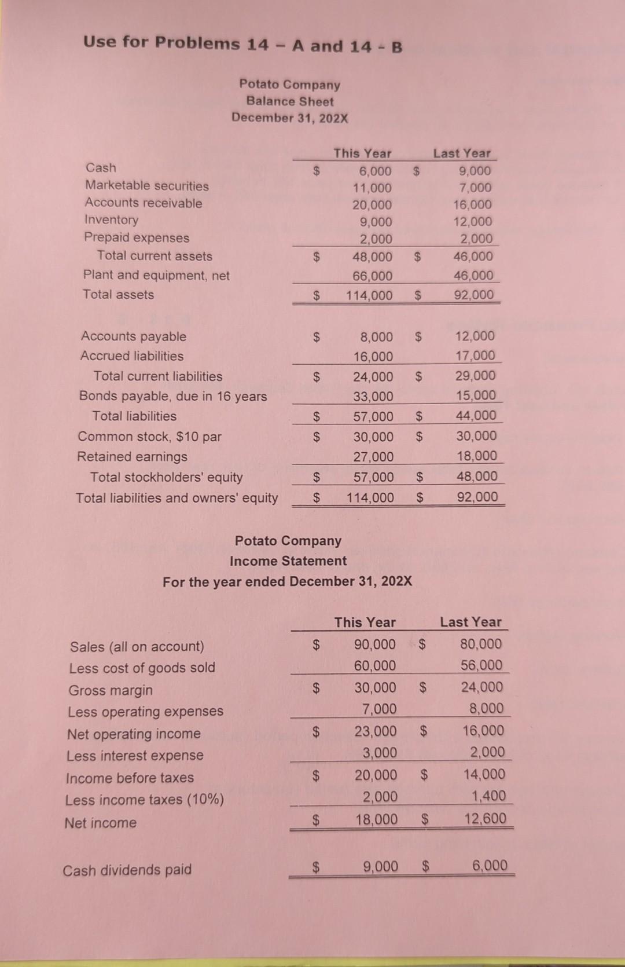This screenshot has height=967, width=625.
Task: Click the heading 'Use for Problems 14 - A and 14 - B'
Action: pos(242,44)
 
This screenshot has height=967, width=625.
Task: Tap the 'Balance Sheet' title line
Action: pos(290,101)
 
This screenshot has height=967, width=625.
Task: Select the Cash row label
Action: pos(101,168)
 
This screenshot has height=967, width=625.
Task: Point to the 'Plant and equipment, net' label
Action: pos(156,276)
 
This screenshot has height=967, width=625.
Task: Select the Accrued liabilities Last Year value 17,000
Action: pos(475,356)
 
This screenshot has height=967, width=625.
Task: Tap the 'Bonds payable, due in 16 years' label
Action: pos(173,397)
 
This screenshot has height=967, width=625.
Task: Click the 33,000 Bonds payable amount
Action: pos(373,397)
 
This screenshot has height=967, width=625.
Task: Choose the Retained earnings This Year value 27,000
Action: pos(373,457)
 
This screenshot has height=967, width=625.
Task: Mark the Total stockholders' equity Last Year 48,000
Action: pos(477,477)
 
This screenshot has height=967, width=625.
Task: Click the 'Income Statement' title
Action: pos(288,561)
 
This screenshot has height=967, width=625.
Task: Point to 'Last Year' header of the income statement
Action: pos(470,622)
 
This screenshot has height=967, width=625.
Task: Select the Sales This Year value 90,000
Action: pos(375,644)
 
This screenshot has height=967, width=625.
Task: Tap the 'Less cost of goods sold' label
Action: pos(142,668)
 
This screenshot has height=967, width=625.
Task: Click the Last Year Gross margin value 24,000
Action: pos(481,687)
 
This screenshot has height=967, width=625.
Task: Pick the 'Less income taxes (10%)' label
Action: pos(144,800)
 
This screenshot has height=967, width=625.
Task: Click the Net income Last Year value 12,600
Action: pos(485,819)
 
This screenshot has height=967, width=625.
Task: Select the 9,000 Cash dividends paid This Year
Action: pos(380,867)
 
